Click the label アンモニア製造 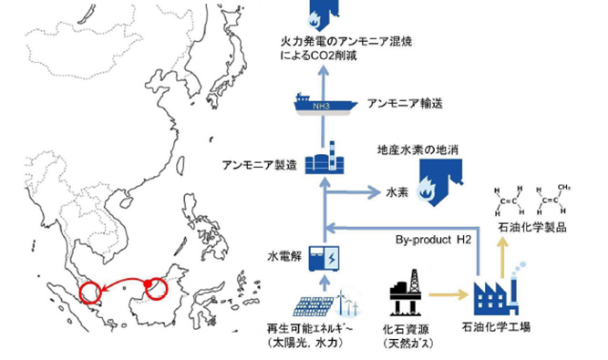point(259,165)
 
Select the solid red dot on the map point(145,285)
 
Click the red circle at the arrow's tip point(91,293)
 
